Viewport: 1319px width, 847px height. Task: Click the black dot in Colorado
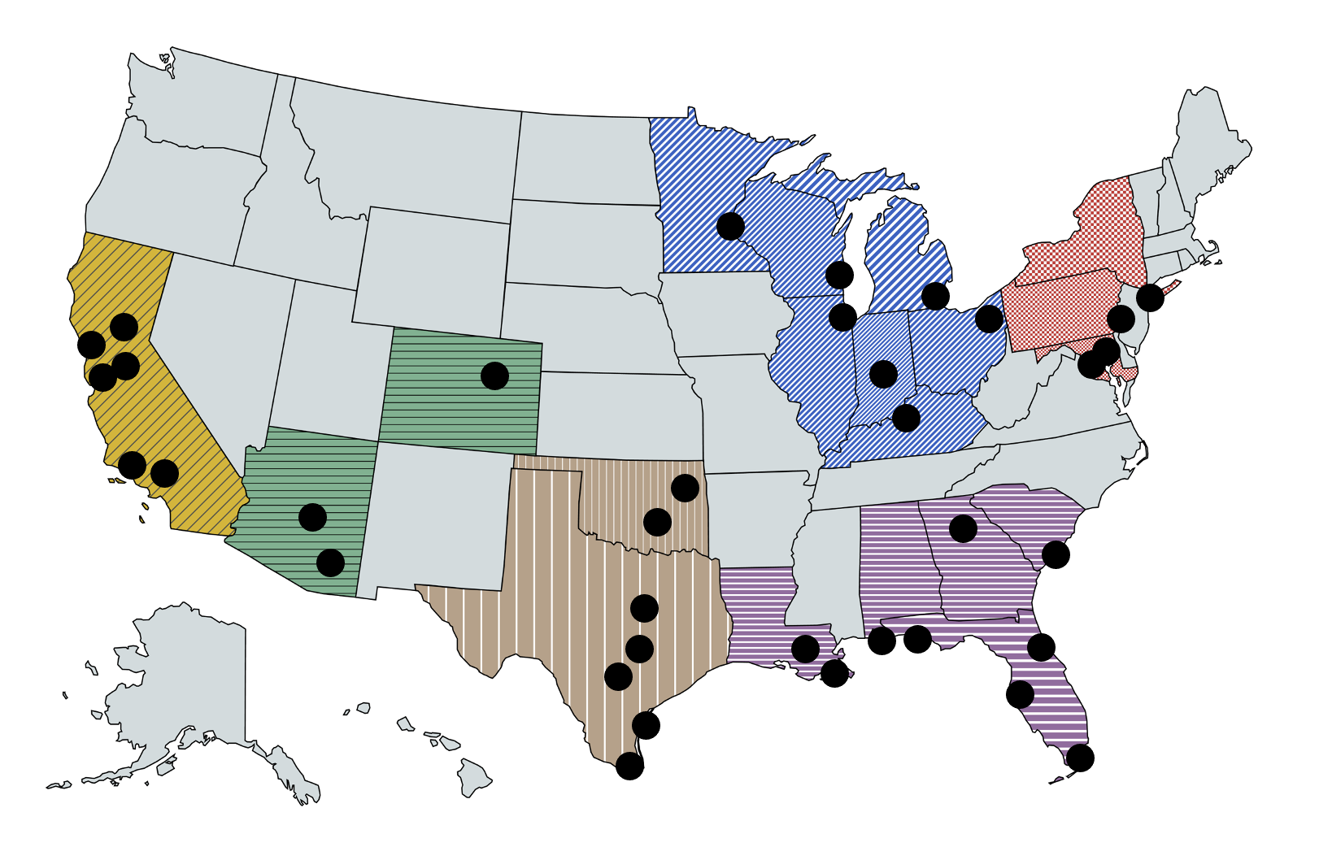[494, 376]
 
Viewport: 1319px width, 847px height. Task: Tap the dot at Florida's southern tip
[1080, 758]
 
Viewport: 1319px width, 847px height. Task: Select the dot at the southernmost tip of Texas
[629, 765]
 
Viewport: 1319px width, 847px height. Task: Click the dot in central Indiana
[883, 373]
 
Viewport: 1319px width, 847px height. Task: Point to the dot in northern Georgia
[963, 528]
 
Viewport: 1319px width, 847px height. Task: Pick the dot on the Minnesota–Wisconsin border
[730, 226]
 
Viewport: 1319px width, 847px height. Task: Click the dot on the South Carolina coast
[1056, 554]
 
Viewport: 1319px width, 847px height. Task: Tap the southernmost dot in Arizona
[330, 562]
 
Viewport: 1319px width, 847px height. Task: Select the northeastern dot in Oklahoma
[685, 488]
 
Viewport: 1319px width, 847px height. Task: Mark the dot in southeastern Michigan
[935, 296]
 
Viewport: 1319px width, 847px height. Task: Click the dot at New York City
[1150, 298]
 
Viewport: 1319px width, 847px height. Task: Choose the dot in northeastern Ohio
[989, 319]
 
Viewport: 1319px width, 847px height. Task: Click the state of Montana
[407, 154]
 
